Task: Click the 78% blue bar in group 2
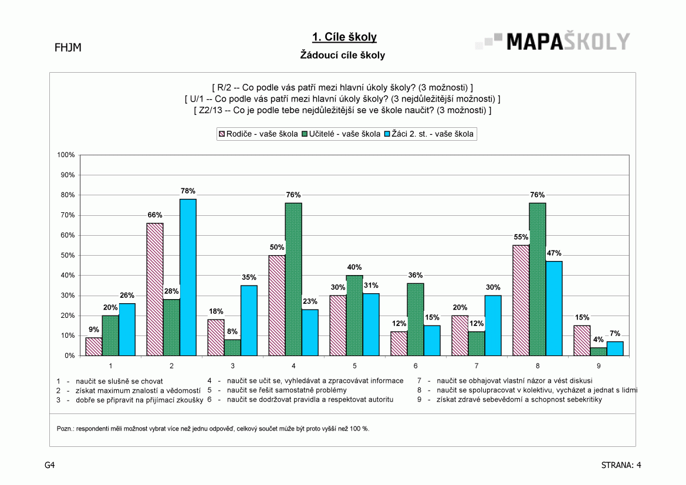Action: pos(188,277)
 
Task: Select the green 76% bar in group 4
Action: pos(293,279)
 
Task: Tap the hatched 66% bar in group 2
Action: pos(155,289)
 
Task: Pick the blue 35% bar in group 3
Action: pos(249,320)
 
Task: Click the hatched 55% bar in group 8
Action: pos(521,300)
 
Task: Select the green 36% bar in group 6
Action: pos(415,320)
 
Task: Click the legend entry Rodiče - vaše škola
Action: pos(259,134)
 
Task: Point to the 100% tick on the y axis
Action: pos(66,155)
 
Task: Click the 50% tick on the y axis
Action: pos(67,255)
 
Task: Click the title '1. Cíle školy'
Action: pos(344,38)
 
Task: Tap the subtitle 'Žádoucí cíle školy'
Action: pos(343,55)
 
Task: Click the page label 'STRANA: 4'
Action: pos(621,465)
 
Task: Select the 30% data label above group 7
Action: pos(493,287)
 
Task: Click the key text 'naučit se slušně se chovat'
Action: pos(119,381)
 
